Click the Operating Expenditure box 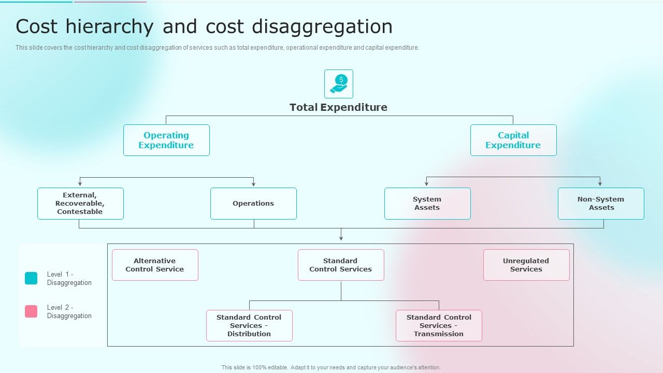(x=166, y=140)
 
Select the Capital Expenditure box (x=513, y=140)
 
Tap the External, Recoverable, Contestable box (x=80, y=204)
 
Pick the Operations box (x=253, y=204)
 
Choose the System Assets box (x=427, y=204)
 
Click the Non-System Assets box (x=601, y=204)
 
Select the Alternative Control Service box (x=155, y=265)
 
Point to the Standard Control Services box (x=341, y=265)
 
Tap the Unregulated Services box (x=526, y=265)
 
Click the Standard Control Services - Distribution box (x=249, y=325)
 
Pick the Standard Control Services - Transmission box (x=439, y=325)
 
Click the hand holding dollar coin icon (x=339, y=84)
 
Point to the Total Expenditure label (x=338, y=107)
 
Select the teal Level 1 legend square (x=31, y=278)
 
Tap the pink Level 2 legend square (x=31, y=311)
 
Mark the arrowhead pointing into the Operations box (x=253, y=184)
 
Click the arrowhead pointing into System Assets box (x=427, y=184)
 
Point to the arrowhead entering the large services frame (x=341, y=238)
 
